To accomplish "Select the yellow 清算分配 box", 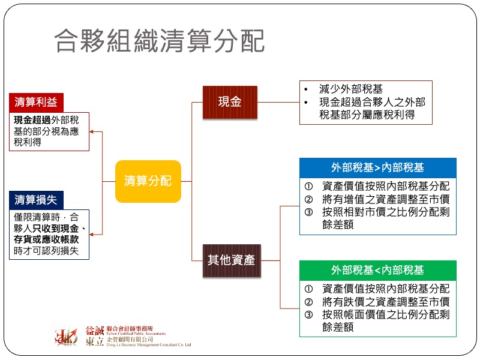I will point(148,181).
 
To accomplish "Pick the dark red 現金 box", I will point(229,102).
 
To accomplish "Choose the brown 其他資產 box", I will point(231,260).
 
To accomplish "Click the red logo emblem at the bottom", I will point(66,337).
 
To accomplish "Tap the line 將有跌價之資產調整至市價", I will point(385,302).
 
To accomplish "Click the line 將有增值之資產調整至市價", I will point(385,199).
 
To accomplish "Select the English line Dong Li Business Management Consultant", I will point(144,345).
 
